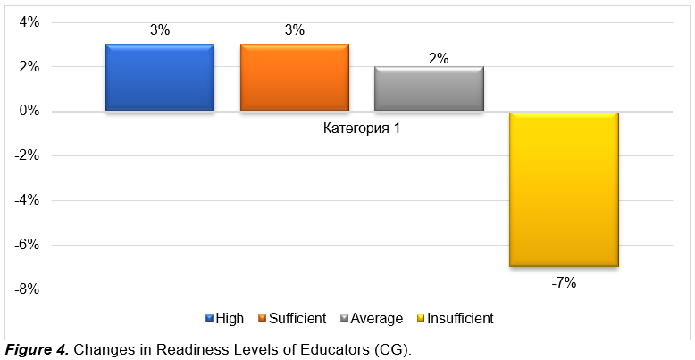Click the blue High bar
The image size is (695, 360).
tap(160, 78)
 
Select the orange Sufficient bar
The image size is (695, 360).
tap(294, 78)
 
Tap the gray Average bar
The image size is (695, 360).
tap(429, 88)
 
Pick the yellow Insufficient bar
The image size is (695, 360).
tap(564, 188)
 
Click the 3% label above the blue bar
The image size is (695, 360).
tap(160, 30)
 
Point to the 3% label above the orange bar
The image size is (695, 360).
tap(295, 30)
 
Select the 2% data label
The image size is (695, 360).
tap(439, 60)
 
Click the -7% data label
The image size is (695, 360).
tap(564, 282)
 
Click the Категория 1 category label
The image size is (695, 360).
tap(362, 130)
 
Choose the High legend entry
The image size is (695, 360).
tap(224, 318)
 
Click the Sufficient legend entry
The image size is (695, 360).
tap(292, 318)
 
